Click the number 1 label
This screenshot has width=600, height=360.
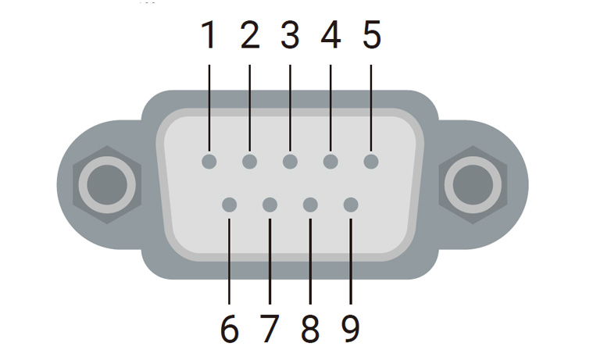coord(209,35)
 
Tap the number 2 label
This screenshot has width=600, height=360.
coord(249,35)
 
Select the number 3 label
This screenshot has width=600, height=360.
coord(290,35)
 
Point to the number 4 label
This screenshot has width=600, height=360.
coord(330,35)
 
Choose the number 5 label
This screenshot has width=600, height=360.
coord(371,35)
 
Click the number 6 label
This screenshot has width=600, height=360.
coord(229,329)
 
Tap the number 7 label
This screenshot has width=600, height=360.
coord(270,329)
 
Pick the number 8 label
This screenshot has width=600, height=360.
coord(310,329)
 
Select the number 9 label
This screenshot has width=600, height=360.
coord(351,329)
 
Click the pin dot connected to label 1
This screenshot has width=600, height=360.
coord(209,162)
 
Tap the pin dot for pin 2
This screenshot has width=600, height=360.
coord(249,162)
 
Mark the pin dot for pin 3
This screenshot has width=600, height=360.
coord(290,162)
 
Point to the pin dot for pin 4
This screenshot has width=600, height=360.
coord(330,162)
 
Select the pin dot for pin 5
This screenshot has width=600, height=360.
coord(371,162)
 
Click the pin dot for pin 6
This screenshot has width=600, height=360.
coord(229,205)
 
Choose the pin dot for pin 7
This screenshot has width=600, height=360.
coord(270,205)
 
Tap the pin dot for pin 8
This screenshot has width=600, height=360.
coord(310,205)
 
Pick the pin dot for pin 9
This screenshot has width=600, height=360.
coord(351,205)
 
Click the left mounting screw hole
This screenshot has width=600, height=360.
coord(107,184)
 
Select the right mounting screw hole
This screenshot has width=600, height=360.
coord(472,184)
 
